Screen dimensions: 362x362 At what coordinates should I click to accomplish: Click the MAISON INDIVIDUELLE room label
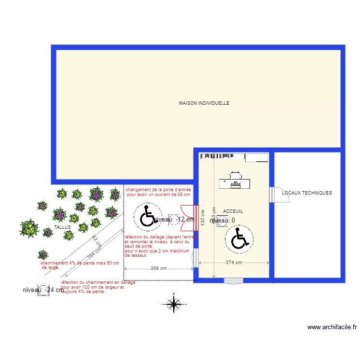coord(204,103)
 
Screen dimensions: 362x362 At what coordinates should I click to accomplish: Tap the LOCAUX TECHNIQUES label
coord(307,193)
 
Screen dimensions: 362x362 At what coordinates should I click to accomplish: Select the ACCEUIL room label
coord(233,211)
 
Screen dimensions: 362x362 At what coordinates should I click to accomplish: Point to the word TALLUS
coord(63,226)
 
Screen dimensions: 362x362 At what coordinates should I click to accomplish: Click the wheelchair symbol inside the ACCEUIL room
coord(238,238)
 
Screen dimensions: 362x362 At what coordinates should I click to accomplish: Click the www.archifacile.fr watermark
coord(332,327)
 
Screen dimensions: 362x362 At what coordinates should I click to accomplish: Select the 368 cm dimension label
coord(159,268)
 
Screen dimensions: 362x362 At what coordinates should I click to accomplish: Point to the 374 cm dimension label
coord(234,263)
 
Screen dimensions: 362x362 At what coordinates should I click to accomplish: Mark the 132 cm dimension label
coord(203,217)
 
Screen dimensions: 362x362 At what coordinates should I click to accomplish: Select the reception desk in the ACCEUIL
coord(236,181)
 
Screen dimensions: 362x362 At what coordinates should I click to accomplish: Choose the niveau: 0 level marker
coord(223,221)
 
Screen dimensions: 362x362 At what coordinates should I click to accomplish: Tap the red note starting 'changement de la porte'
coord(159,192)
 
